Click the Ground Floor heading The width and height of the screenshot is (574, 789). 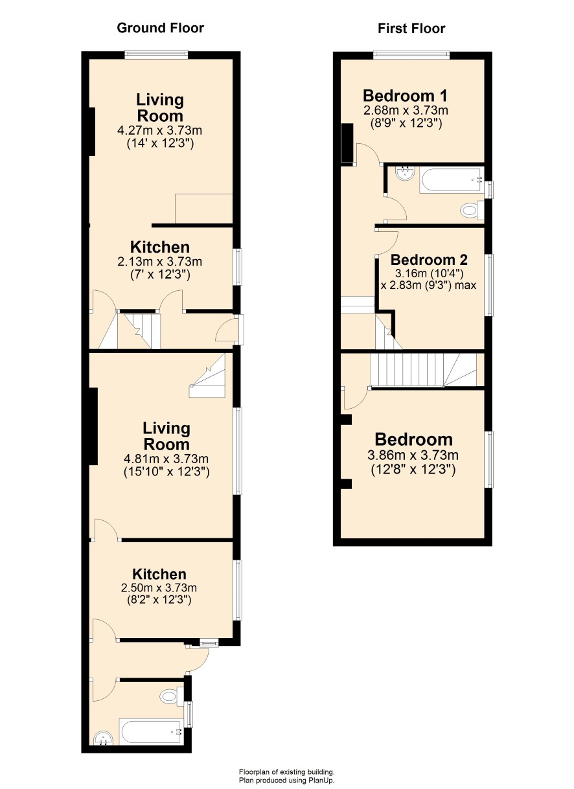(x=160, y=29)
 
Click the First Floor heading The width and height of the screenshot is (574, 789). (x=411, y=29)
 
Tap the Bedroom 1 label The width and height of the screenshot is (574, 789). (x=405, y=95)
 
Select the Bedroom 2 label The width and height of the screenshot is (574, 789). (x=429, y=260)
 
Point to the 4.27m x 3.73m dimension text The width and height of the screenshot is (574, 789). (x=159, y=130)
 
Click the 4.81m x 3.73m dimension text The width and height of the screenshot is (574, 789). (x=166, y=459)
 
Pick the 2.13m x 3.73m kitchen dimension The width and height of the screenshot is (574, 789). (x=159, y=261)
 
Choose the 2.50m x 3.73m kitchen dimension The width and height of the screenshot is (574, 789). (x=159, y=588)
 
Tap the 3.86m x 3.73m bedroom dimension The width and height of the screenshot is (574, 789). (x=413, y=455)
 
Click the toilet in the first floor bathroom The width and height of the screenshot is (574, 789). (x=472, y=211)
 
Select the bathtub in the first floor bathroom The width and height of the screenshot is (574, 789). (x=451, y=180)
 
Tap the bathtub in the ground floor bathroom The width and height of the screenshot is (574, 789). (x=152, y=731)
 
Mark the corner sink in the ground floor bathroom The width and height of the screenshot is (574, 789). (x=103, y=737)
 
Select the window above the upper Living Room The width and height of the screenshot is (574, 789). (x=156, y=54)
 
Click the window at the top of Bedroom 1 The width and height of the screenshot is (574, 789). (x=411, y=54)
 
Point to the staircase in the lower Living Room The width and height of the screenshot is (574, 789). (x=207, y=376)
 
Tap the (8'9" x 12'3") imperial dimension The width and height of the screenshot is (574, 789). (x=406, y=123)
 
